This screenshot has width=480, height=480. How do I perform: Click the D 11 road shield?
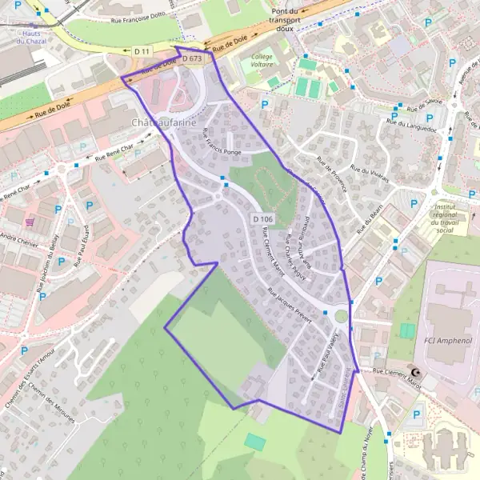coord(142,51)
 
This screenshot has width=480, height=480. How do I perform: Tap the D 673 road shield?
coord(192,59)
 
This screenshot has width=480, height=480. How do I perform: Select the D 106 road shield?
coord(262,219)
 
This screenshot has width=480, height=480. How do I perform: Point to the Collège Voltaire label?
coord(262,62)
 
